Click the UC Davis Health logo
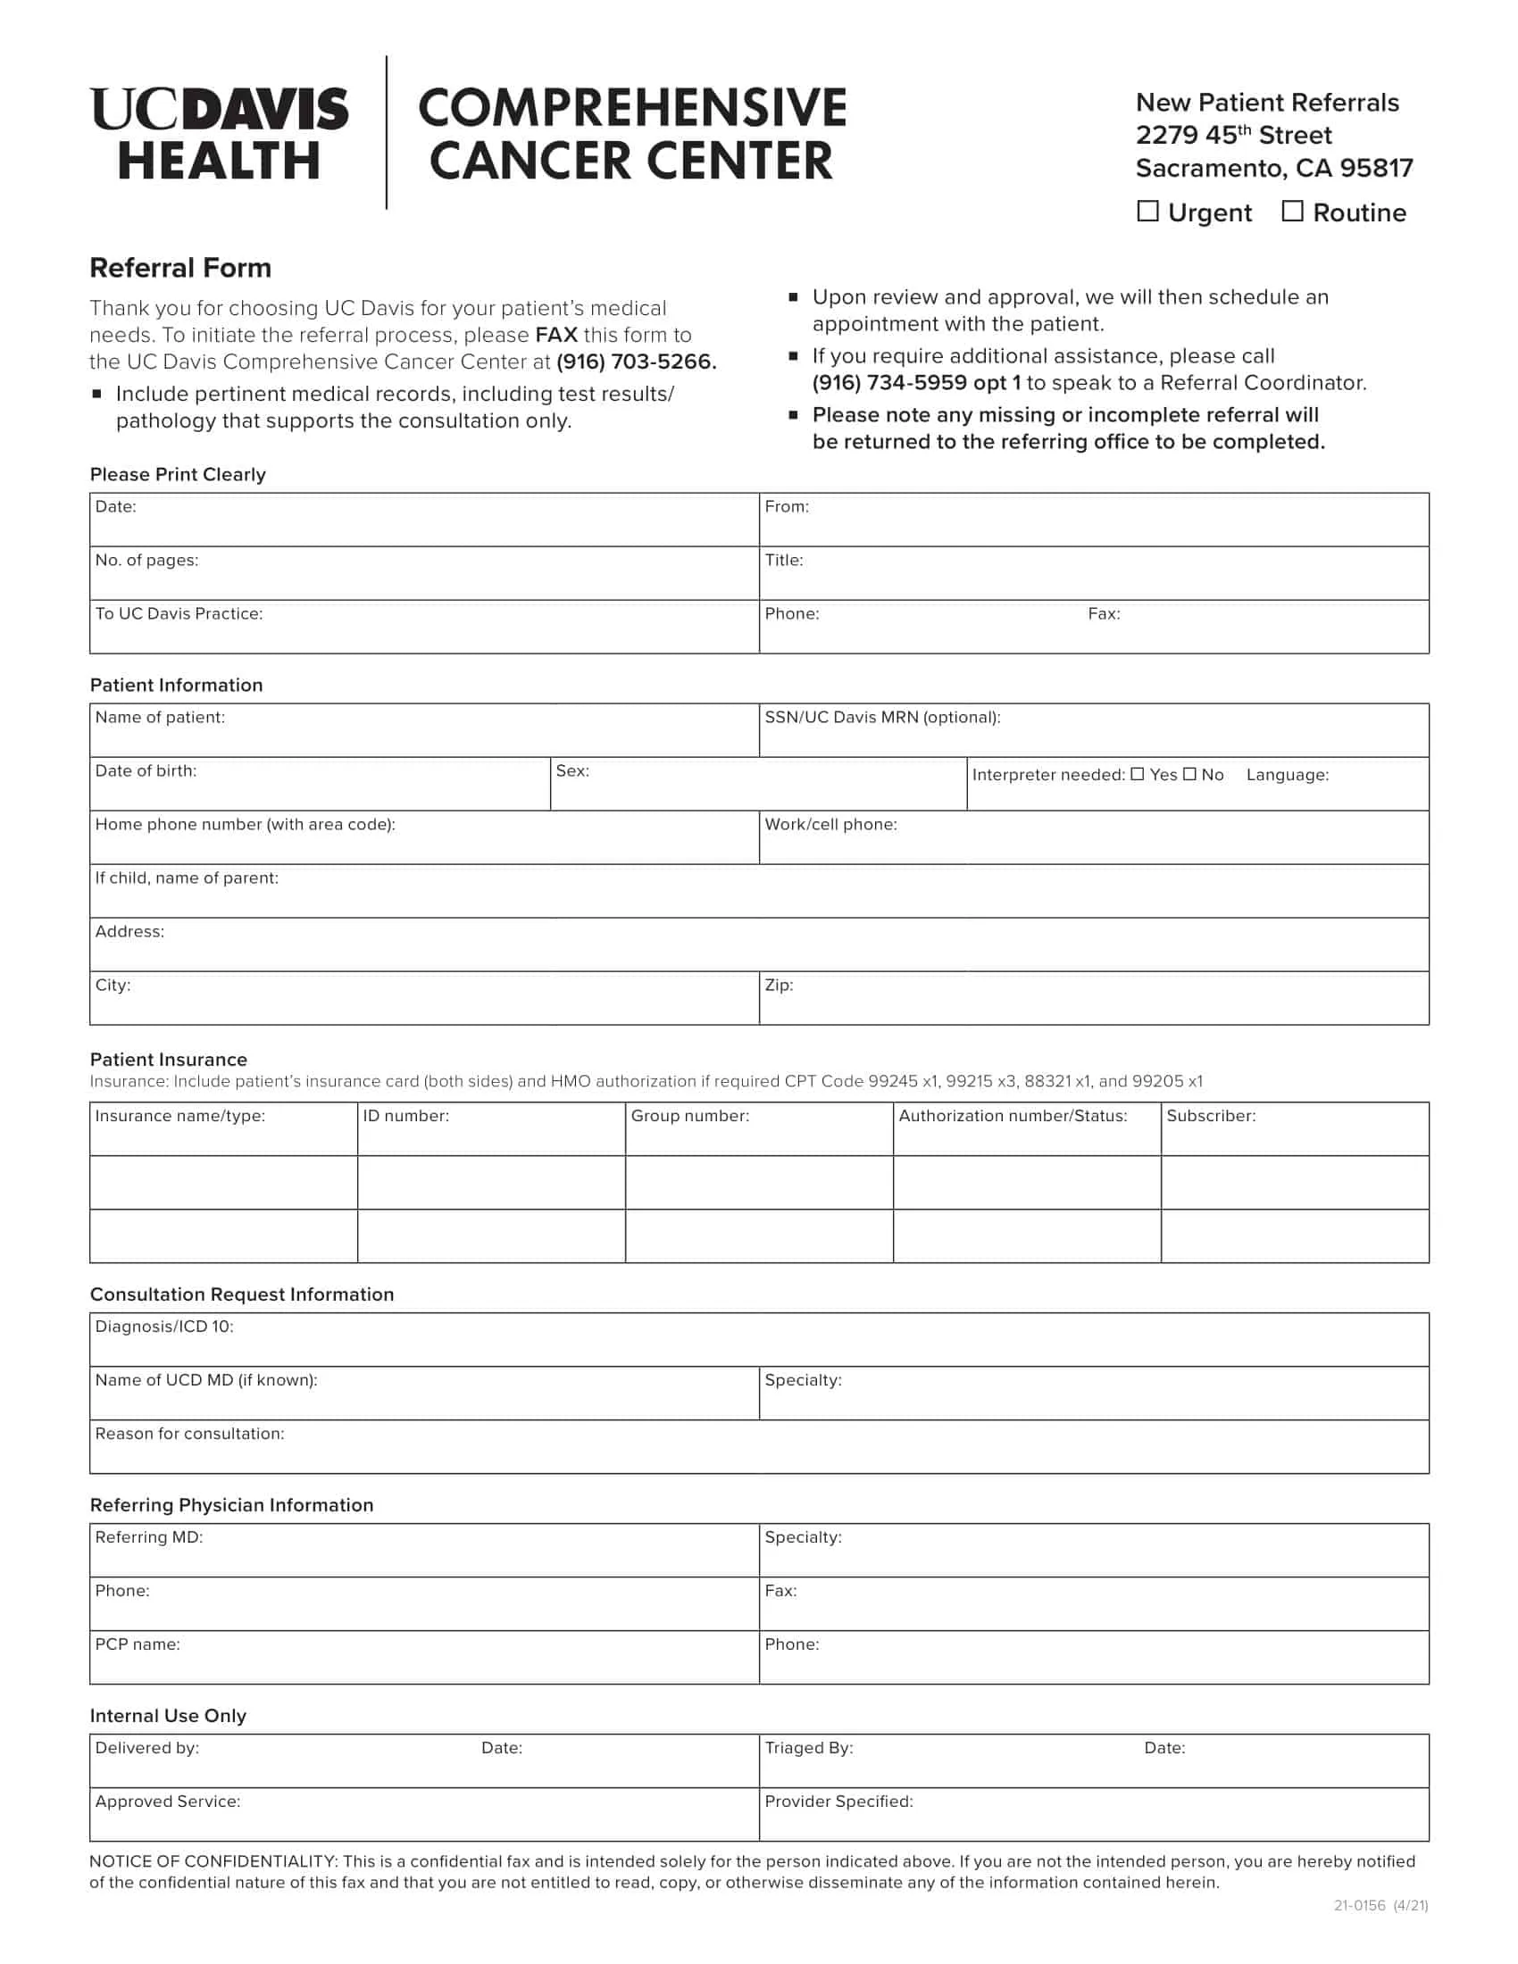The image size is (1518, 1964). pos(219,134)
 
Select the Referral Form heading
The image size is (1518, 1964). pos(179,268)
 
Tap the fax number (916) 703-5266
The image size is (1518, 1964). pos(636,362)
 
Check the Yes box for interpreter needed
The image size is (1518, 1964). pos(1138,774)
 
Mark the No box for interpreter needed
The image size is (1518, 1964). pos(1189,774)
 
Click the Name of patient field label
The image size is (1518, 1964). pos(160,718)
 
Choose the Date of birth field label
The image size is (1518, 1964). pos(146,770)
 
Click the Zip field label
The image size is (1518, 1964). pos(779,986)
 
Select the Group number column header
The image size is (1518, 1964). pos(689,1116)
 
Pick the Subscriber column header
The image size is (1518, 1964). pos(1211,1116)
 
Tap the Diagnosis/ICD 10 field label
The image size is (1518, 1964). pos(164,1327)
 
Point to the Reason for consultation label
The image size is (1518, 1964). pos(189,1434)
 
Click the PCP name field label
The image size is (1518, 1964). pos(138,1644)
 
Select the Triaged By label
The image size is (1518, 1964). pos(808,1748)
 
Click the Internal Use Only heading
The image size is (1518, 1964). pos(168,1716)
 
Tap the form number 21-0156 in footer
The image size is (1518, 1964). pos(1359,1906)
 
